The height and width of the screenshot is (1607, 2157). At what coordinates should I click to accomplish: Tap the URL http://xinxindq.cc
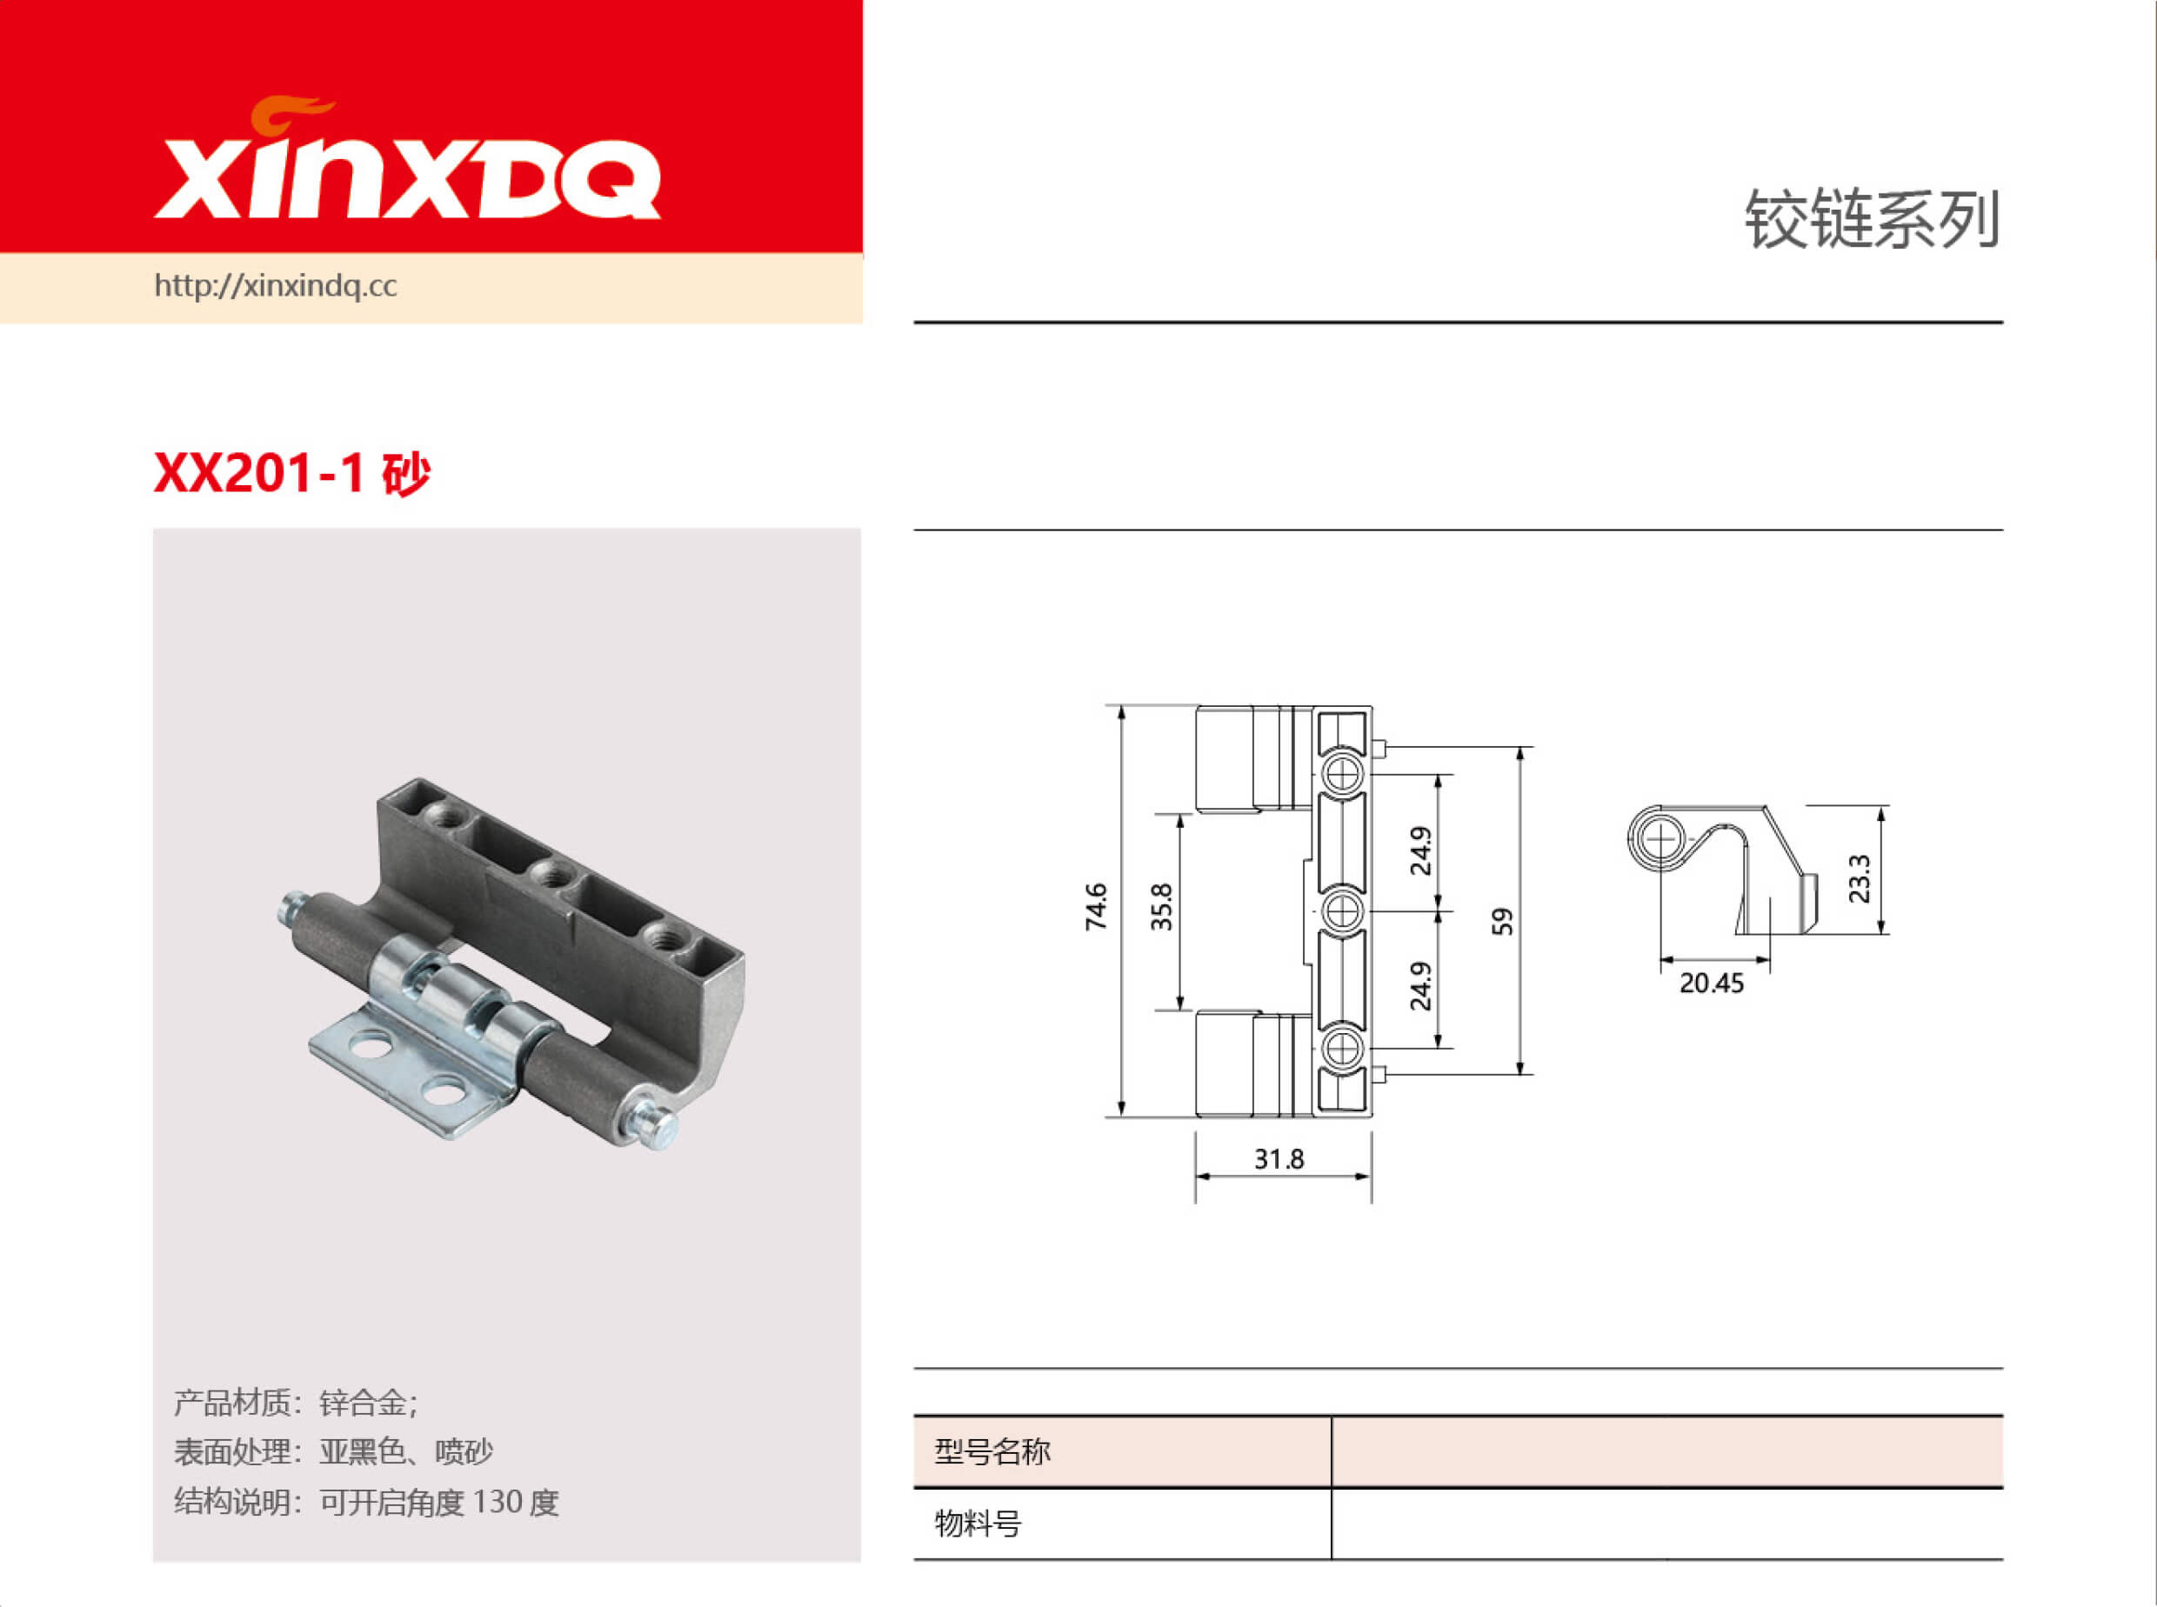point(276,286)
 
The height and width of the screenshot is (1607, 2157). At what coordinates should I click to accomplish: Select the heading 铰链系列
point(1871,220)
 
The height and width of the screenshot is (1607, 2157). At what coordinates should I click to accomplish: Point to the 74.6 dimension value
point(1097,907)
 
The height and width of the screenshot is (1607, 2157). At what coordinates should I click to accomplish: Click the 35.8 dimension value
point(1162,907)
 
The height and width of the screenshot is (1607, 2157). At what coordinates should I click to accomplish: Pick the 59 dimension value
point(1503,921)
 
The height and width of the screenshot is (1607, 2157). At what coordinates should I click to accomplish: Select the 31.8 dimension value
point(1279,1159)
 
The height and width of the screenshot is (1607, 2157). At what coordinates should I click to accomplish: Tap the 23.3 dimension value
point(1860,878)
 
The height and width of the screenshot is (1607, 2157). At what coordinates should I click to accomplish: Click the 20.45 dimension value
point(1712,984)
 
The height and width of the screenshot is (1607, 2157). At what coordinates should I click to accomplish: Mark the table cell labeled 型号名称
point(992,1451)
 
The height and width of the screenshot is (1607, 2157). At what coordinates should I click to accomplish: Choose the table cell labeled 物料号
point(978,1524)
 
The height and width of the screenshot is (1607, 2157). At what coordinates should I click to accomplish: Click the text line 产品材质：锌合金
point(296,1403)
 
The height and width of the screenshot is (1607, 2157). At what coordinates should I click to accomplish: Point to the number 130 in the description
point(498,1502)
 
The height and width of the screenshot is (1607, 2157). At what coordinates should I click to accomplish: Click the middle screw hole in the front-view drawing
point(1343,911)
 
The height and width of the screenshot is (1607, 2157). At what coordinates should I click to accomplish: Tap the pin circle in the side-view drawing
point(1660,837)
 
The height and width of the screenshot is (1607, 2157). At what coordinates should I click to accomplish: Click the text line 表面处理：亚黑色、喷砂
point(333,1451)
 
